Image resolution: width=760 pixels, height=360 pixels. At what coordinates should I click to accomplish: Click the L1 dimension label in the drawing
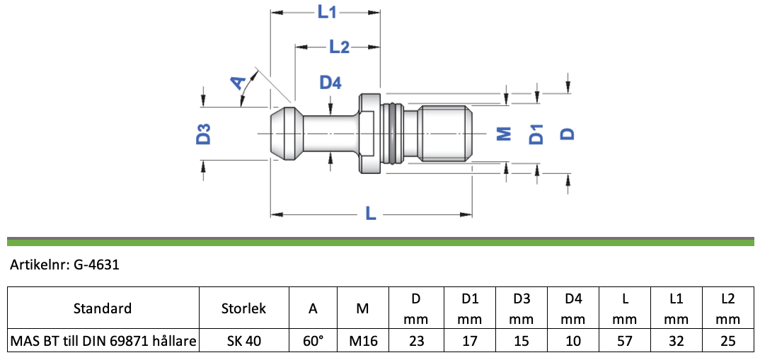point(327,12)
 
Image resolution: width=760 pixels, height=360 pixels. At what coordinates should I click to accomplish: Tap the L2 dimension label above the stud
point(339,47)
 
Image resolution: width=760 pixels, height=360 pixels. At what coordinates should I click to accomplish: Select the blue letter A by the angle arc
point(238,83)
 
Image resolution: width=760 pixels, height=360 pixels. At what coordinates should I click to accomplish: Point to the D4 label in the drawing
point(330,83)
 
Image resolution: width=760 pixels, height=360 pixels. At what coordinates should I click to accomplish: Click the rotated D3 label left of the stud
point(204,134)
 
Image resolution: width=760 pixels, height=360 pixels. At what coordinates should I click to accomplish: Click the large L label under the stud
point(371,213)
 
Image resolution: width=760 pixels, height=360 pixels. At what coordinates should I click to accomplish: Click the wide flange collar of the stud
point(370,134)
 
